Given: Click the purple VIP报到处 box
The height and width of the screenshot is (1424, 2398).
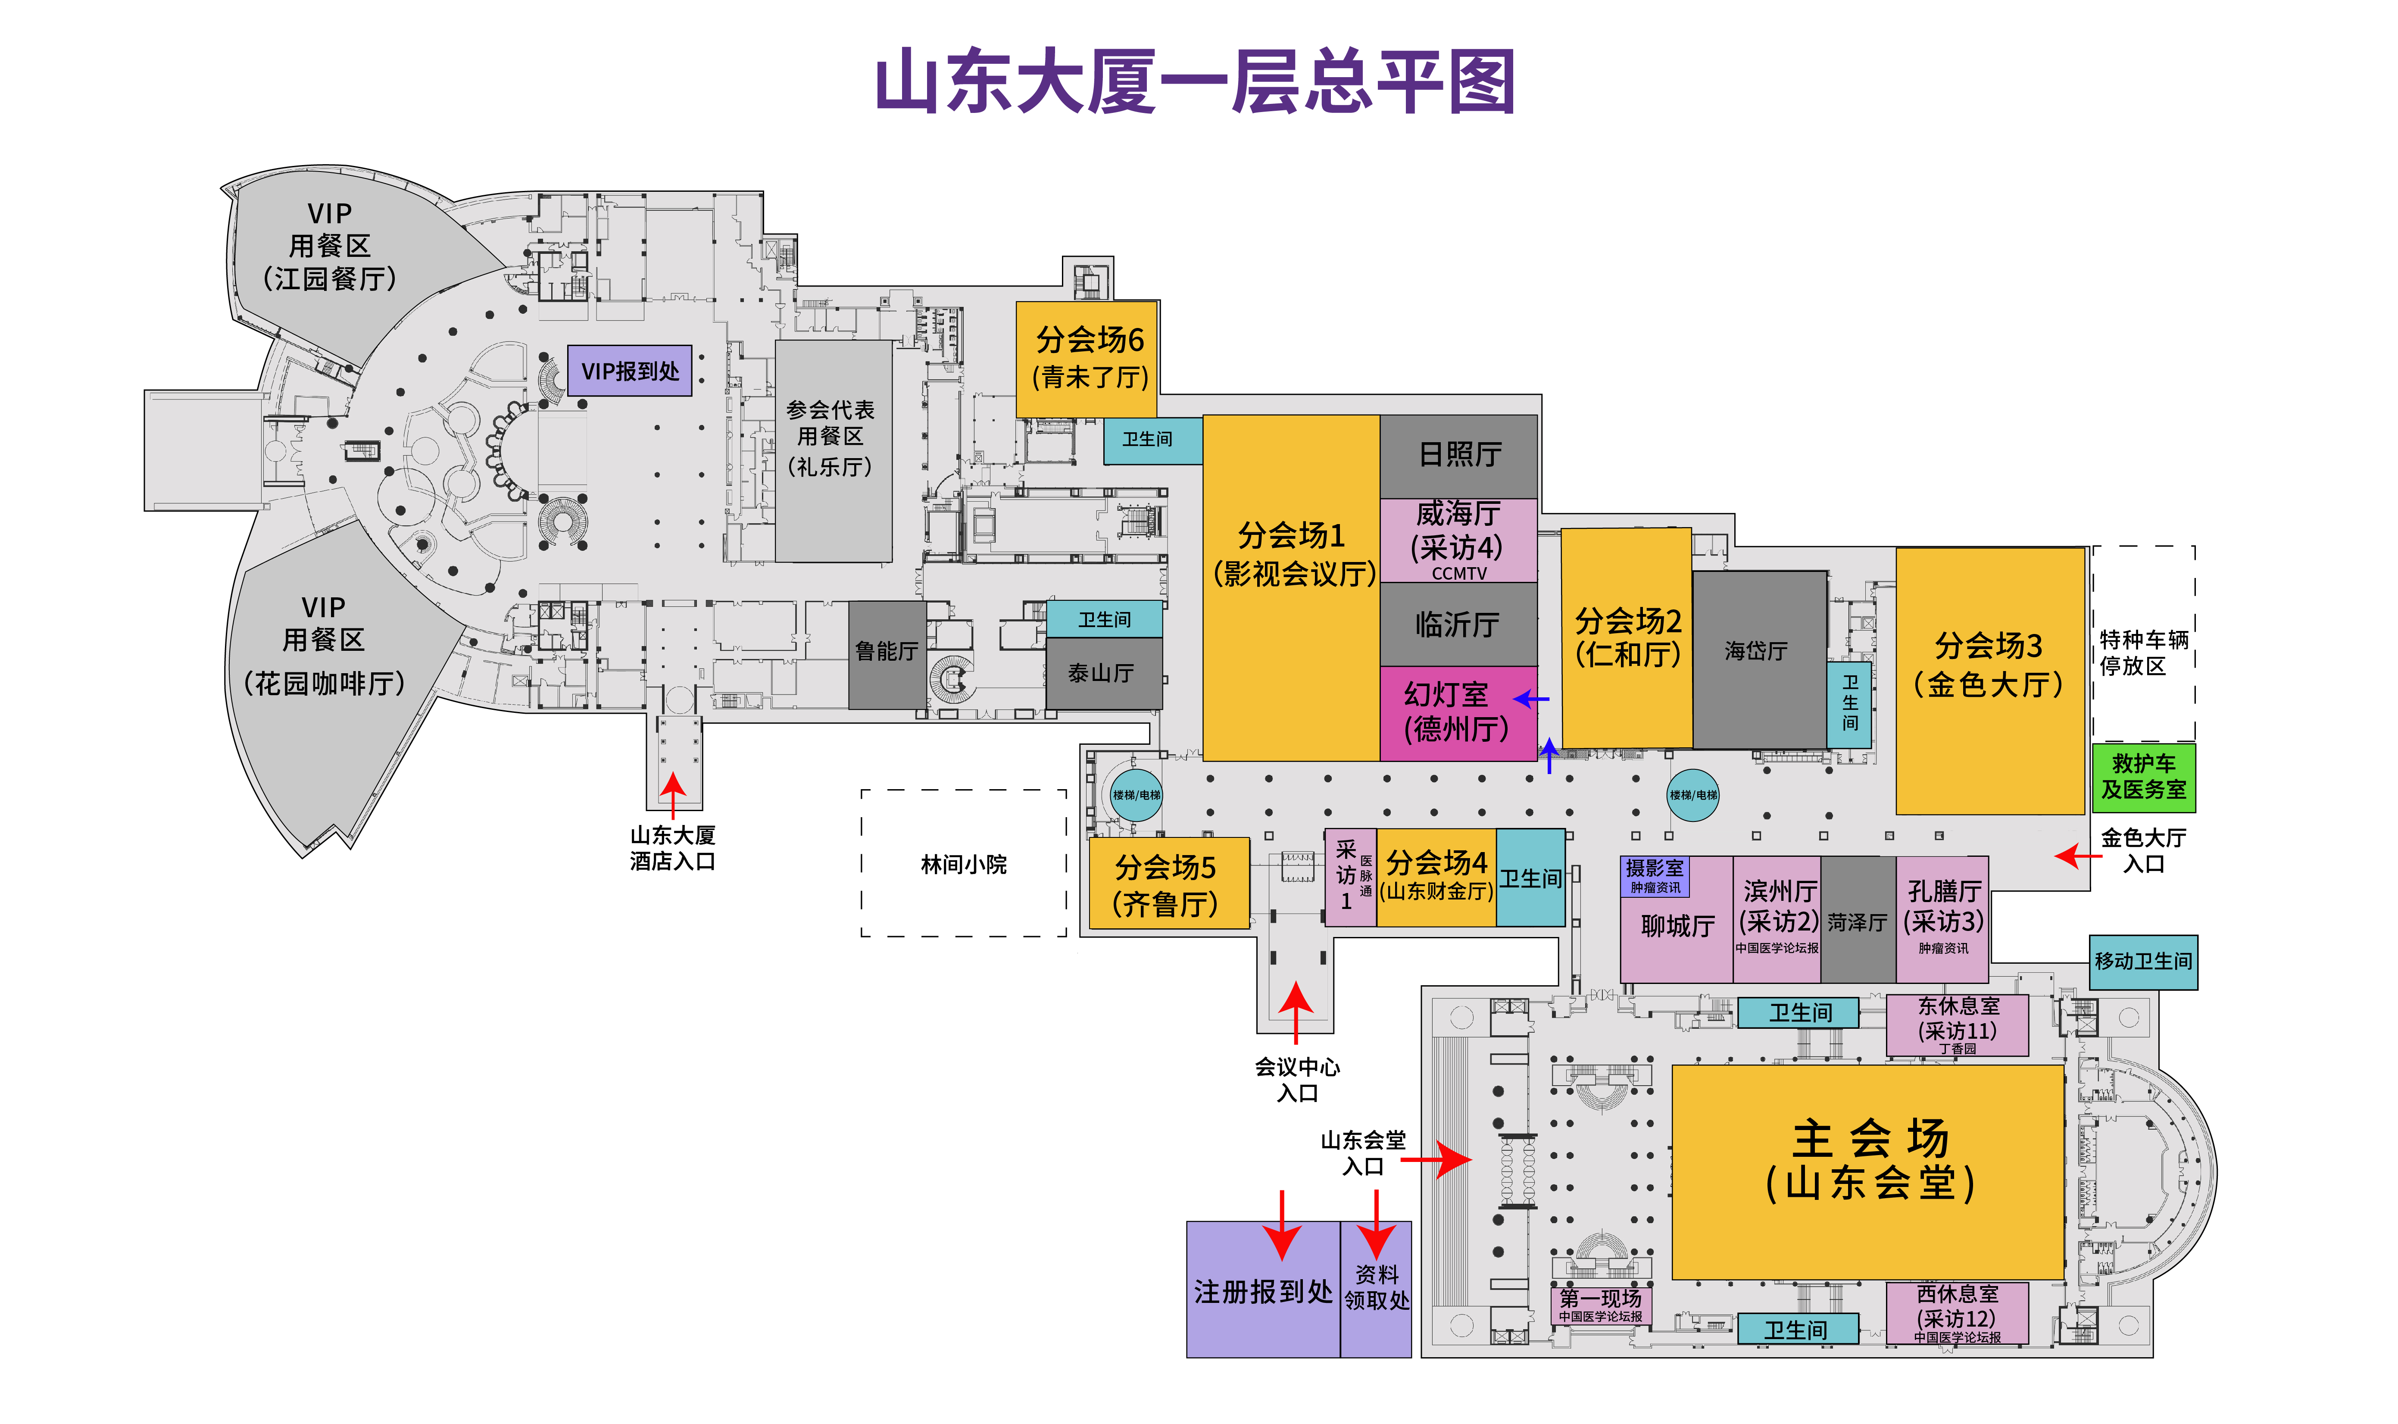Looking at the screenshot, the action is point(630,370).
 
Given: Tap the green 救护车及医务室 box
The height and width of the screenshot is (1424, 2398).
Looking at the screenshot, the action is point(2143,777).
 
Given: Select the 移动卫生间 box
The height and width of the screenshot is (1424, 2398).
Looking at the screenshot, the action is point(2143,962).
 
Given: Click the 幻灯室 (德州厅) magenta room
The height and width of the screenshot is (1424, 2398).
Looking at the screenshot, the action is point(1458,713).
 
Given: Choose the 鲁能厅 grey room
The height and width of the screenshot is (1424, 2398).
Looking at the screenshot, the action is point(887,654).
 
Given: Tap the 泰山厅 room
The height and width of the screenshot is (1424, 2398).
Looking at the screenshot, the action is point(1103,674).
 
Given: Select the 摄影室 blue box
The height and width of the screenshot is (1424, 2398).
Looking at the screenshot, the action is point(1654,875).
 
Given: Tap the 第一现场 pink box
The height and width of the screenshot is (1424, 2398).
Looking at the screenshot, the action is point(1601,1305).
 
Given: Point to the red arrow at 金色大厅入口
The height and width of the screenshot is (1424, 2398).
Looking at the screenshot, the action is point(2077,855).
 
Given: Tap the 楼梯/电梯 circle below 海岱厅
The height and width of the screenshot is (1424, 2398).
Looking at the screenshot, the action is point(1693,794).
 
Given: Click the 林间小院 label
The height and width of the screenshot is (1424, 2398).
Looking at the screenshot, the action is point(963,865).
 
